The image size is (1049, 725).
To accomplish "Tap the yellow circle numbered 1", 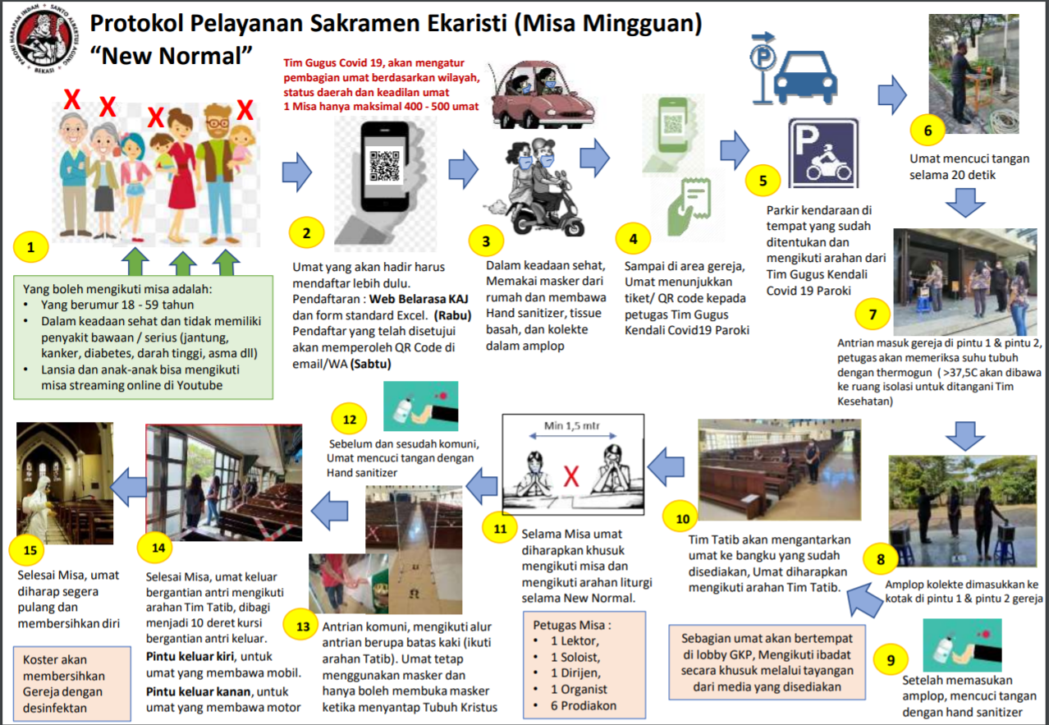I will pos(31,245).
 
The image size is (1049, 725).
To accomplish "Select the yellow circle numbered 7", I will pos(873,314).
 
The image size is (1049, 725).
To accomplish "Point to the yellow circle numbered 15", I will pos(27,549).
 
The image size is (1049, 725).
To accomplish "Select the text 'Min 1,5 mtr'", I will pos(571,427).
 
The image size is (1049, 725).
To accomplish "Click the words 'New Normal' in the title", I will pos(170,56).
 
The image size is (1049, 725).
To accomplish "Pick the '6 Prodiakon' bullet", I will pos(583,704).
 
